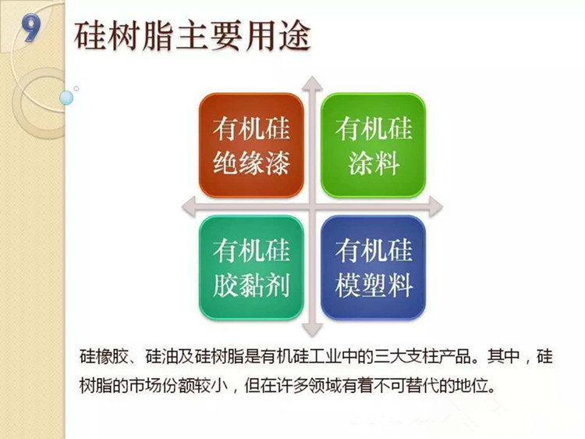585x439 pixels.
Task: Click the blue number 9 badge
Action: click(x=31, y=27)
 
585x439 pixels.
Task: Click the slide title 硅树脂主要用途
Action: click(x=193, y=36)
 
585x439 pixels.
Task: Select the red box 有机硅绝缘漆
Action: click(x=251, y=145)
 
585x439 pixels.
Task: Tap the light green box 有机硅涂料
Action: click(x=373, y=145)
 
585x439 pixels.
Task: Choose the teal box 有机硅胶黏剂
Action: click(x=251, y=267)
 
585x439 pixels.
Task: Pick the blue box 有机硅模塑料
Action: click(x=373, y=267)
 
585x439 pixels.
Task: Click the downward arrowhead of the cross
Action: click(x=312, y=330)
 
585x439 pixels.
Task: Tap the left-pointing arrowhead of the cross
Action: click(x=189, y=206)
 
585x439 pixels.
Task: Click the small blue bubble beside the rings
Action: click(x=66, y=98)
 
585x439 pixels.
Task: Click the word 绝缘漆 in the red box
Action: click(x=251, y=162)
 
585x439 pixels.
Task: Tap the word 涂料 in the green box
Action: click(x=374, y=162)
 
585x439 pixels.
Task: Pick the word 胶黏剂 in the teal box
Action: click(x=251, y=285)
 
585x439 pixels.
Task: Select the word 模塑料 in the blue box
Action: click(x=374, y=285)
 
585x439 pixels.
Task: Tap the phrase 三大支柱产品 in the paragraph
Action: click(x=423, y=356)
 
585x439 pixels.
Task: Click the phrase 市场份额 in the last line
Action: click(x=161, y=385)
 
